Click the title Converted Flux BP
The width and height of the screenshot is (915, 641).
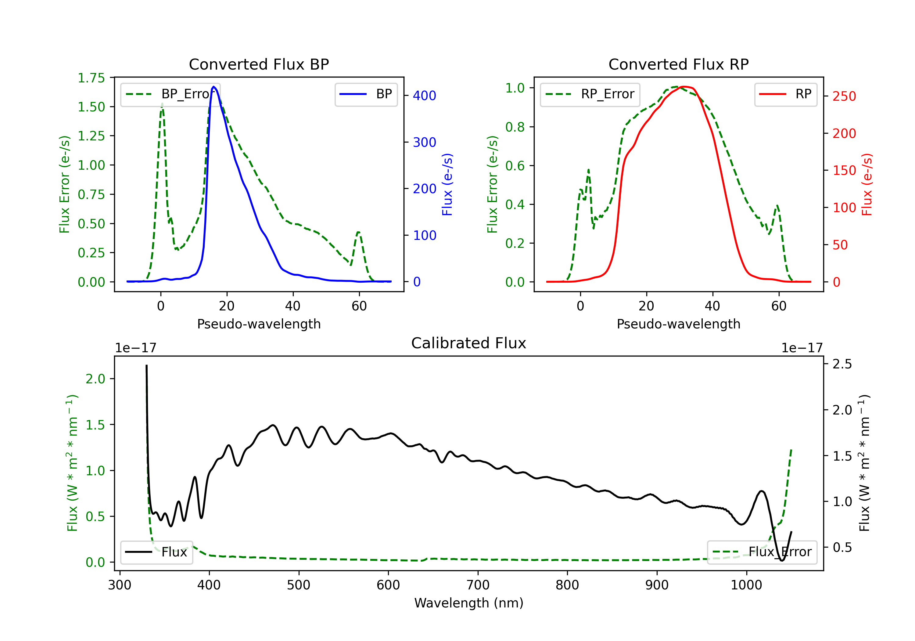[x=259, y=64]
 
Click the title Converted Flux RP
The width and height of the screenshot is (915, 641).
[x=678, y=64]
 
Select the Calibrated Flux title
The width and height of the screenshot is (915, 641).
[x=469, y=343]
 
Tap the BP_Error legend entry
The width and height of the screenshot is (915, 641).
[x=170, y=94]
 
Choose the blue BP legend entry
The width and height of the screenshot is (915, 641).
[x=366, y=94]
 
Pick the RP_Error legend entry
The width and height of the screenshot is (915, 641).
[x=590, y=94]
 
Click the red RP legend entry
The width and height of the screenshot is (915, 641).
[x=785, y=94]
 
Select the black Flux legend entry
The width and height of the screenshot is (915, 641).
[x=156, y=552]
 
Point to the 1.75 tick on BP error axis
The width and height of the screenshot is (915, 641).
[x=91, y=78]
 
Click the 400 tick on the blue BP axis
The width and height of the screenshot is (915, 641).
[x=425, y=96]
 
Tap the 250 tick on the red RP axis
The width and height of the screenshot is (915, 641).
[x=844, y=96]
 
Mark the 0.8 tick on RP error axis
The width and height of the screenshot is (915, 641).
[x=515, y=127]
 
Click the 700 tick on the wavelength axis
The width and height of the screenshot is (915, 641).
[x=478, y=585]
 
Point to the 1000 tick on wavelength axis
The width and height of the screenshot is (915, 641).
[x=746, y=585]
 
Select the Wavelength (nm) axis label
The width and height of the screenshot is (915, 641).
[x=469, y=603]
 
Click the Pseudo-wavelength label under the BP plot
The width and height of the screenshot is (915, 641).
[x=259, y=324]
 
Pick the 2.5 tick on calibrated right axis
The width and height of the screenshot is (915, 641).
[x=842, y=364]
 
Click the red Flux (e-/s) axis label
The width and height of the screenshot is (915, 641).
[x=867, y=184]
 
